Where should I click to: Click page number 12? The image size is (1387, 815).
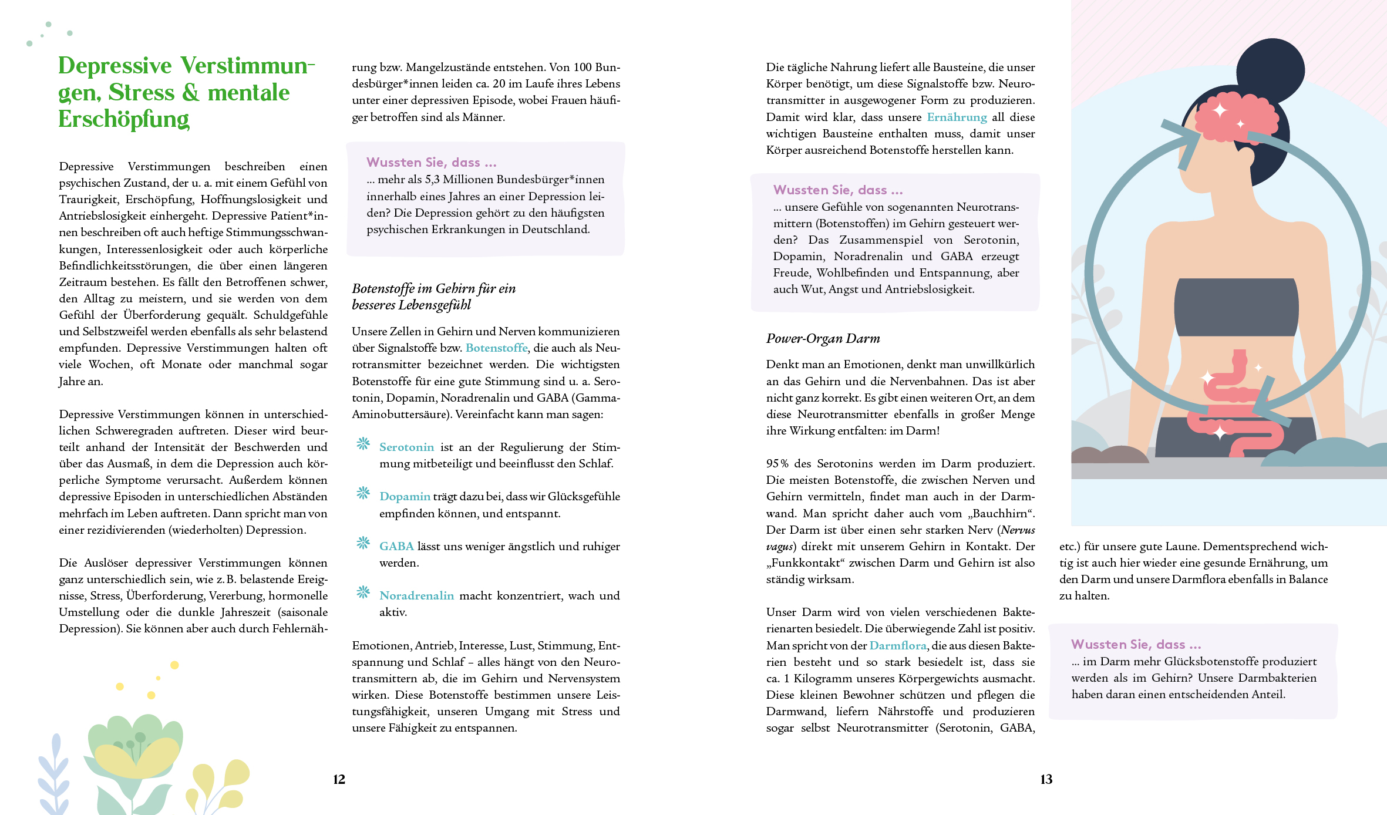pos(339,779)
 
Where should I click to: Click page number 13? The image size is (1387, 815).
pos(1046,779)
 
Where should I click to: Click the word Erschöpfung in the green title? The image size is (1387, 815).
pos(124,119)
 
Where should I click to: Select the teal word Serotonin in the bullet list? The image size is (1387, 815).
pos(406,447)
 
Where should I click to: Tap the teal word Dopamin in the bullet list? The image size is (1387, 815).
pos(405,496)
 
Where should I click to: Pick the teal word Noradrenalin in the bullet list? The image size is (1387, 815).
pos(416,595)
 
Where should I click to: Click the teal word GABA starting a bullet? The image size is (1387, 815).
pos(396,546)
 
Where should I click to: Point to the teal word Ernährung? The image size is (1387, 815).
pos(957,117)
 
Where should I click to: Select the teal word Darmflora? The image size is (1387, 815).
pos(898,645)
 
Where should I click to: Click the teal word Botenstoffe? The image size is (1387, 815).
pos(496,348)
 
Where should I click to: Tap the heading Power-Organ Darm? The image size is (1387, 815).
pos(823,338)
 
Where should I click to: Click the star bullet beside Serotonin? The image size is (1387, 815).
pos(363,444)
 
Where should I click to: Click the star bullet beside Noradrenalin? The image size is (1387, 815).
pos(363,592)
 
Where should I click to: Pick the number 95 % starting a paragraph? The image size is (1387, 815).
pos(777,463)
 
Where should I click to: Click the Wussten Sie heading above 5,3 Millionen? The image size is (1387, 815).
pos(431,162)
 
